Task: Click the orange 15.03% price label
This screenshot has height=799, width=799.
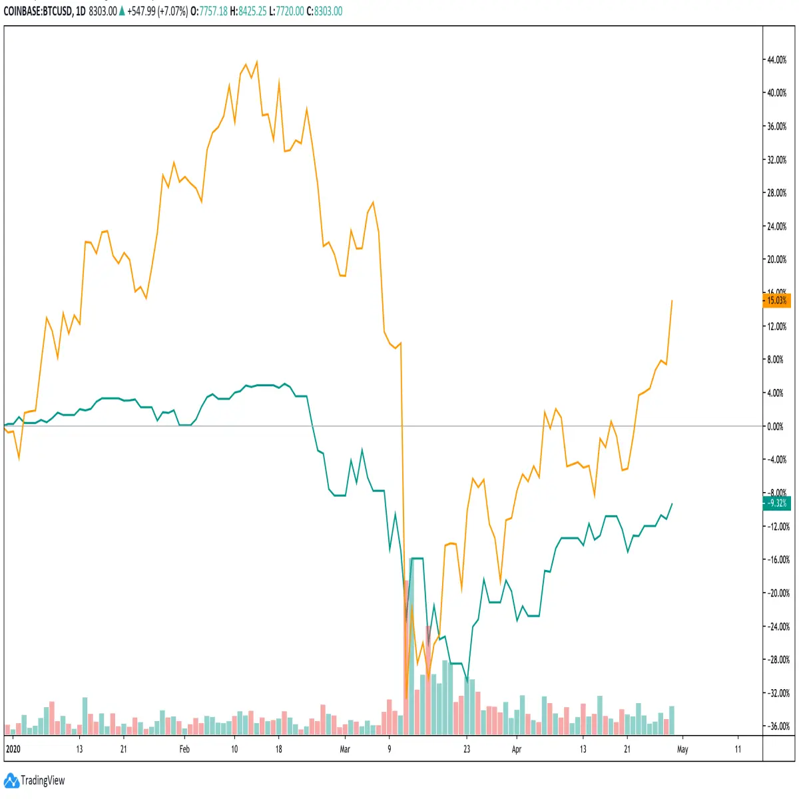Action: click(776, 300)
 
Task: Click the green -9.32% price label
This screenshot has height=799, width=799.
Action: click(776, 503)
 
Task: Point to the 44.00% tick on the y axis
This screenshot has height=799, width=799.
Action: click(776, 60)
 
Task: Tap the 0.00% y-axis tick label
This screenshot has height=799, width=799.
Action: click(775, 426)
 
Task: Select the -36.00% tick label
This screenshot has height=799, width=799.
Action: click(778, 726)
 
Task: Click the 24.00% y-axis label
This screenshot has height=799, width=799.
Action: click(776, 226)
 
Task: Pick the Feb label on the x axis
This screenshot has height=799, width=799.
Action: click(184, 749)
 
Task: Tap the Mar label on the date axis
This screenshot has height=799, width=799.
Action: click(344, 749)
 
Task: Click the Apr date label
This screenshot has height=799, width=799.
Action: click(516, 749)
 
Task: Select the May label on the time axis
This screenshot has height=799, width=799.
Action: click(682, 749)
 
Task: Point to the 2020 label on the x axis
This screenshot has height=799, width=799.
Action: click(13, 749)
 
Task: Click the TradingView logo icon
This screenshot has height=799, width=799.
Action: click(11, 780)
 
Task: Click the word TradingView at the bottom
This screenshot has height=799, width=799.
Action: click(43, 780)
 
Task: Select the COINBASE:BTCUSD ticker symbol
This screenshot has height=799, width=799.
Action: click(38, 11)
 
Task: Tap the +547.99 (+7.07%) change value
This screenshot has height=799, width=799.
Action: click(157, 11)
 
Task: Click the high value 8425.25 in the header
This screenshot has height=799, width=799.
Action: click(252, 11)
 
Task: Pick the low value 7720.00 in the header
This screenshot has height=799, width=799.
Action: click(290, 11)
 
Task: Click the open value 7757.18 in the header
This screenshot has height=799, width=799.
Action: click(214, 11)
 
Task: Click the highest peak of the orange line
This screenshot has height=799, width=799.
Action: click(257, 62)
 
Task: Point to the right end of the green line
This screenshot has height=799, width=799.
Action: click(672, 503)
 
